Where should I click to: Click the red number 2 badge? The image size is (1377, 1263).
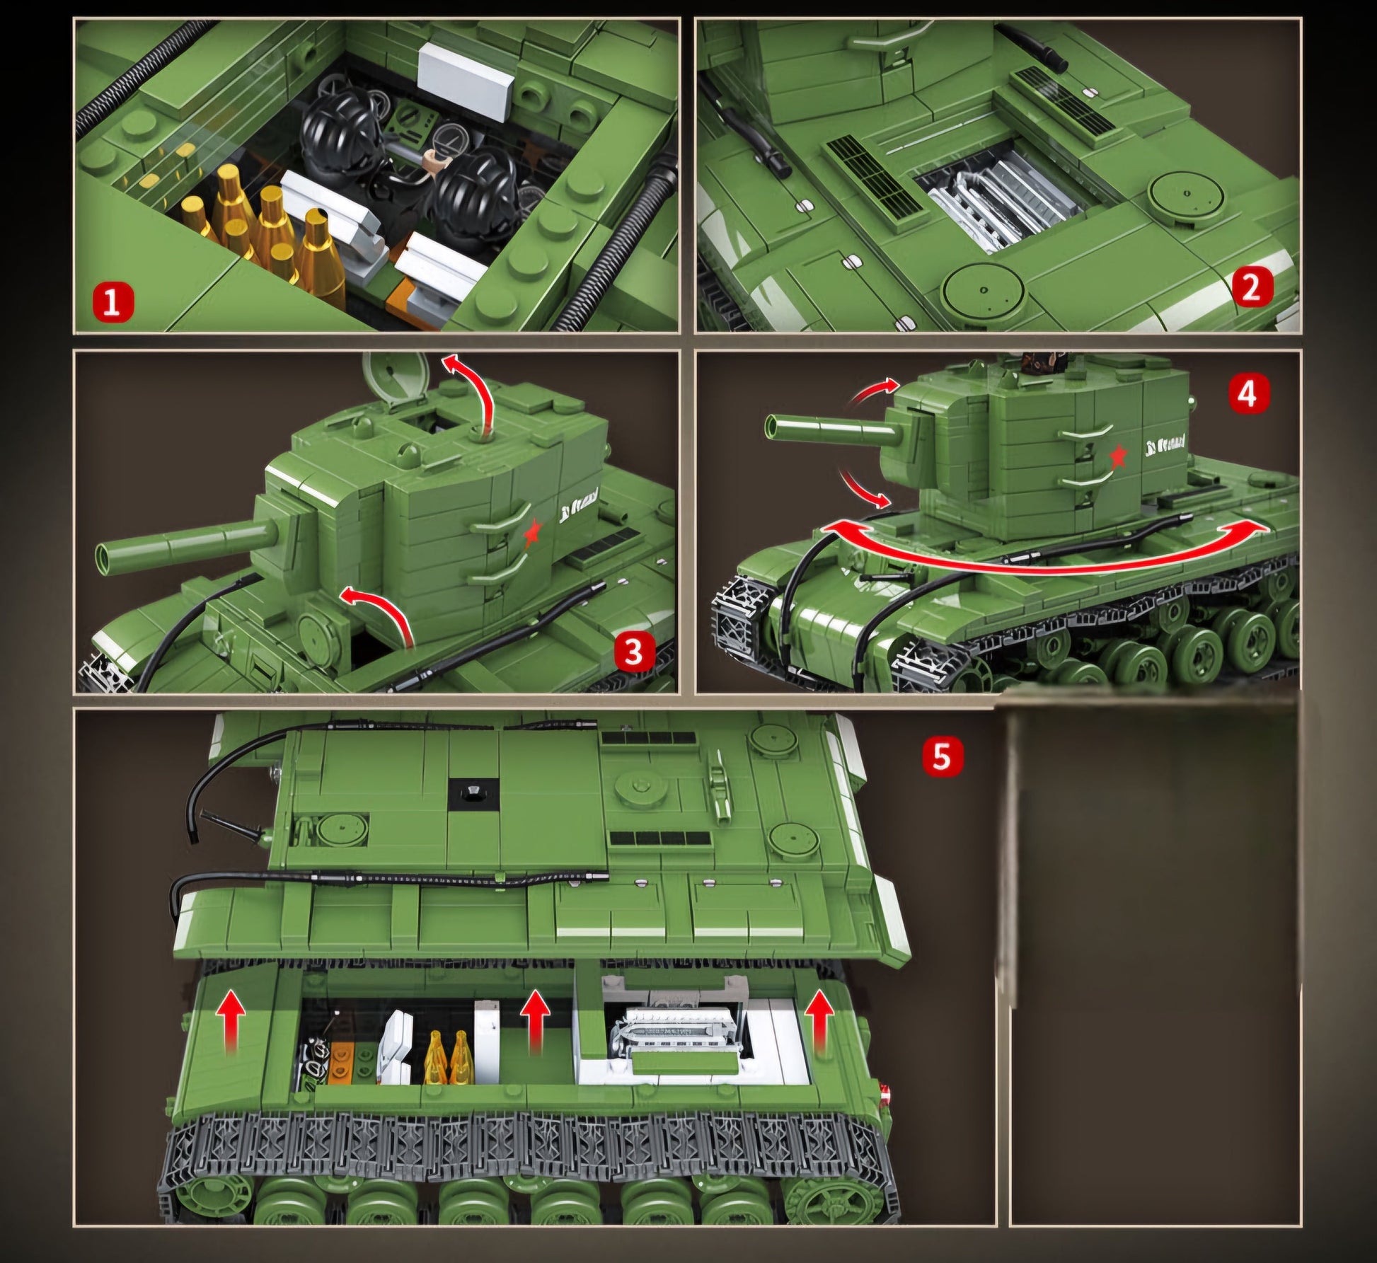click(x=1251, y=289)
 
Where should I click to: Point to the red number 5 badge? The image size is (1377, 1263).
click(x=942, y=756)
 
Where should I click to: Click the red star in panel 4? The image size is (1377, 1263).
click(x=1118, y=457)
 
